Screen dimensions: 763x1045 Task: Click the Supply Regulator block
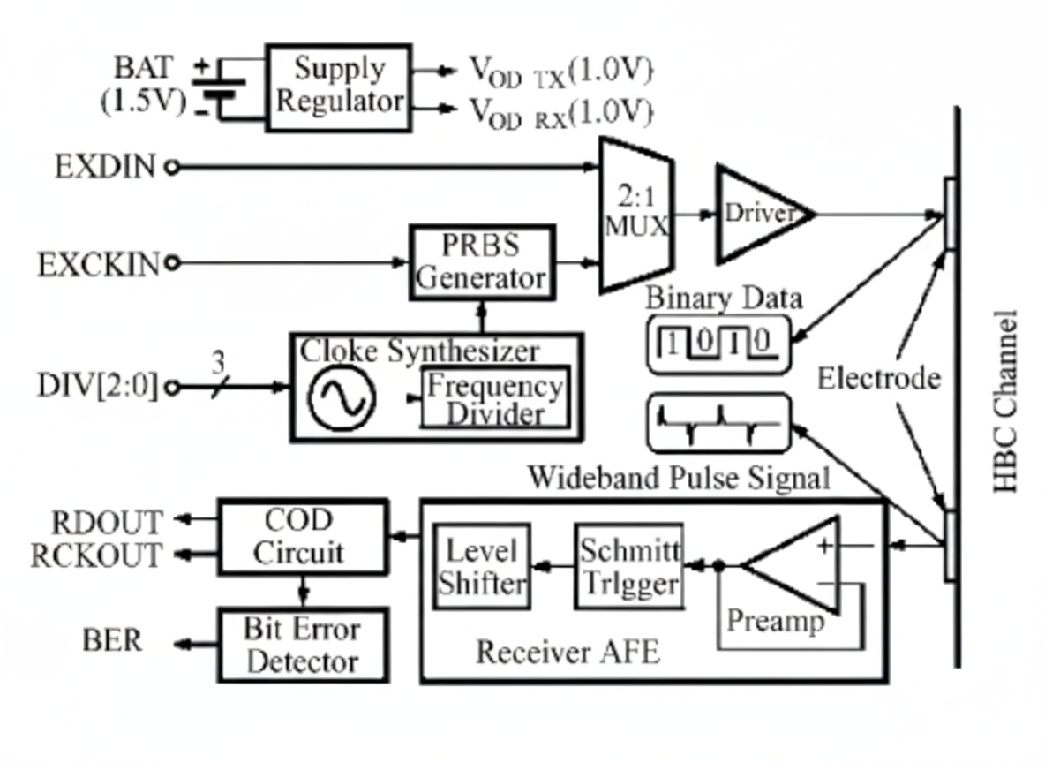(339, 87)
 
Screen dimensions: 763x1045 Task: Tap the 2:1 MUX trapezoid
(635, 215)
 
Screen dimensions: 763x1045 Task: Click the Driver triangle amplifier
(759, 214)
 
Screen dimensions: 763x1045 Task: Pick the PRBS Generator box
(482, 262)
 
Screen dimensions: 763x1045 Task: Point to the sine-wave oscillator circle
(342, 399)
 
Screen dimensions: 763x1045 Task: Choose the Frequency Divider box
(494, 400)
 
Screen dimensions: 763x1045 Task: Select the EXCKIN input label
(99, 263)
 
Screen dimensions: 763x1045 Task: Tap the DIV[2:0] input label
(97, 387)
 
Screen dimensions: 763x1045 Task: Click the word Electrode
(878, 379)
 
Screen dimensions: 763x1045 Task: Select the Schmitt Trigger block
(629, 566)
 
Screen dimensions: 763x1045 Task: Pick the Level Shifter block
(482, 566)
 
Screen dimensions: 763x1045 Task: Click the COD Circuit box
(303, 536)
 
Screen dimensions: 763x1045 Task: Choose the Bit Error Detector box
(303, 644)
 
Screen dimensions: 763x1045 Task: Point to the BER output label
(112, 640)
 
